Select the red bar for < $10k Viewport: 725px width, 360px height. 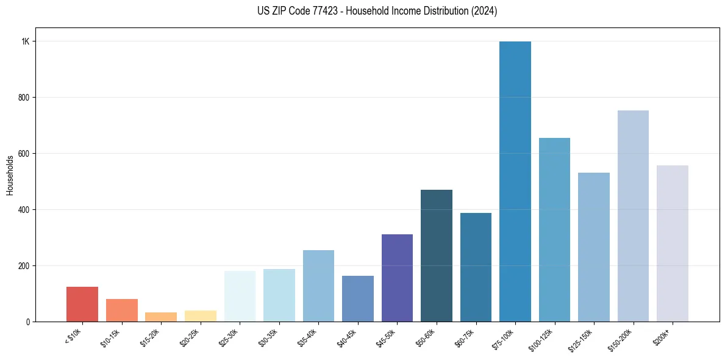[82, 304]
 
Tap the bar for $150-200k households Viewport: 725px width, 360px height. [633, 216]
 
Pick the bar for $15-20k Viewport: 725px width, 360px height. [161, 317]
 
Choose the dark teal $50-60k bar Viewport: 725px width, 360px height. [437, 256]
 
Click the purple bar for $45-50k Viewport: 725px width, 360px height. [397, 278]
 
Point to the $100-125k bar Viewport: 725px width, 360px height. [554, 229]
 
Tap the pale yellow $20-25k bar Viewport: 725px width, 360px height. [201, 316]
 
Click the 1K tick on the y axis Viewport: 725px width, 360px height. [26, 41]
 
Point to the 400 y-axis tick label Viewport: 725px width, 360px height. [24, 210]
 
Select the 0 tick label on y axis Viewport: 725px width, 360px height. [28, 322]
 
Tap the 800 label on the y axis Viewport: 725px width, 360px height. [24, 98]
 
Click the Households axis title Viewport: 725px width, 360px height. [10, 175]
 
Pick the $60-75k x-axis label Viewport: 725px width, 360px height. [465, 337]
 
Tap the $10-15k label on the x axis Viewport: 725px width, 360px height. [110, 337]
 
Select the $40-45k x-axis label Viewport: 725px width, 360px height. [346, 337]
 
